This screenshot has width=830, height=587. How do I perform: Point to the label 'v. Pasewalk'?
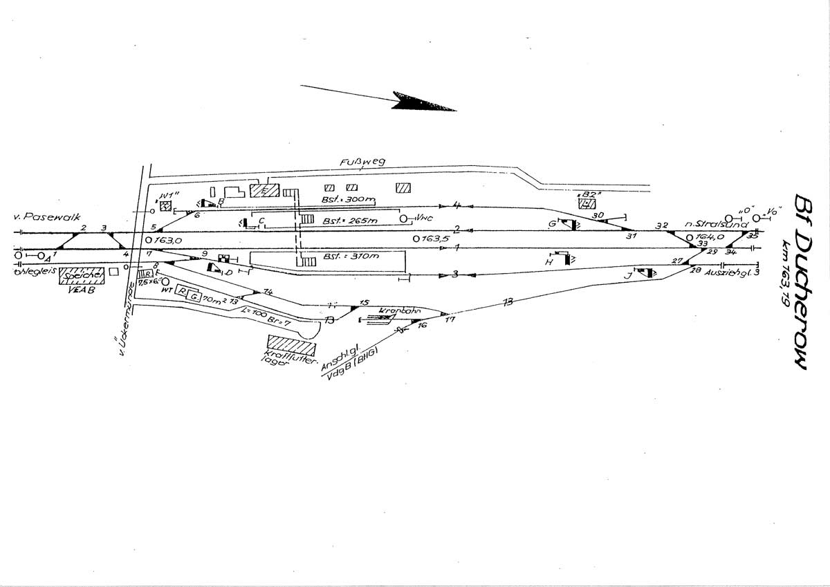tap(41, 217)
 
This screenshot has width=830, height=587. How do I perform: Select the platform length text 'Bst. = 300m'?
tap(348, 199)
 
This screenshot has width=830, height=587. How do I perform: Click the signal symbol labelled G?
tap(571, 224)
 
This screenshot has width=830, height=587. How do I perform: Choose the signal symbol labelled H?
tap(566, 259)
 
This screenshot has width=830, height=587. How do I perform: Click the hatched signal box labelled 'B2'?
tap(587, 203)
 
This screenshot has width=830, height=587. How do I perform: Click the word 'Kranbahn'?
tap(392, 312)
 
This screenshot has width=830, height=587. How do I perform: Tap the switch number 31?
tap(630, 236)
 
